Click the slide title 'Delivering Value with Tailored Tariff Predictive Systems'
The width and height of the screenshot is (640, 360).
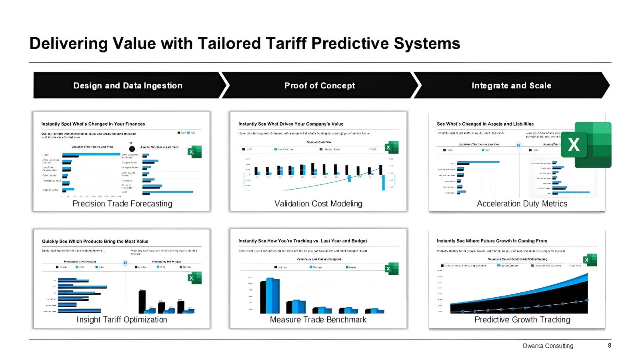[x=245, y=43]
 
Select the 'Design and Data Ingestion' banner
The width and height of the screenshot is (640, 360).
[x=128, y=86]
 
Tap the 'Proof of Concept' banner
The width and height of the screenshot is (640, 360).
[x=319, y=86]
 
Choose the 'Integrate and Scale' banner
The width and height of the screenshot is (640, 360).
[x=511, y=86]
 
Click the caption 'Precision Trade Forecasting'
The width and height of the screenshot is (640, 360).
[x=122, y=204]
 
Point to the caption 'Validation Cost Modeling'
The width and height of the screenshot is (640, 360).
[x=318, y=204]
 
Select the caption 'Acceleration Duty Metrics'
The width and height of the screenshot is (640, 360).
[x=522, y=204]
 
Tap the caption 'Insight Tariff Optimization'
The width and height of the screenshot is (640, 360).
[x=122, y=320]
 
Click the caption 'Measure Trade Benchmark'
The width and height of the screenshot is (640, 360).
[x=318, y=320]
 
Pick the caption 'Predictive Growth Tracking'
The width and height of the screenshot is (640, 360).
[x=522, y=320]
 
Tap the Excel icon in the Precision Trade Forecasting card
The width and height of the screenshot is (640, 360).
[x=195, y=152]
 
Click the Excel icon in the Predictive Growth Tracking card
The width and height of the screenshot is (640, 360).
[x=590, y=260]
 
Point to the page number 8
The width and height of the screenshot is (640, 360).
[x=610, y=345]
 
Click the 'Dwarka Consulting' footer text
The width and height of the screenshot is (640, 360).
[x=548, y=346]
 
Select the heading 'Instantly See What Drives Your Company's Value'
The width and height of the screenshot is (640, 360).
[x=291, y=124]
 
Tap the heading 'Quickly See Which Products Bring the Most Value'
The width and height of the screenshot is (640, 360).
[x=95, y=241]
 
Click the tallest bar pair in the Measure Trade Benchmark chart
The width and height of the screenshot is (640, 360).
[x=270, y=296]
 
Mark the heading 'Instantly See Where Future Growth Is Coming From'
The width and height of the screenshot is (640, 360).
[x=492, y=241]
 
